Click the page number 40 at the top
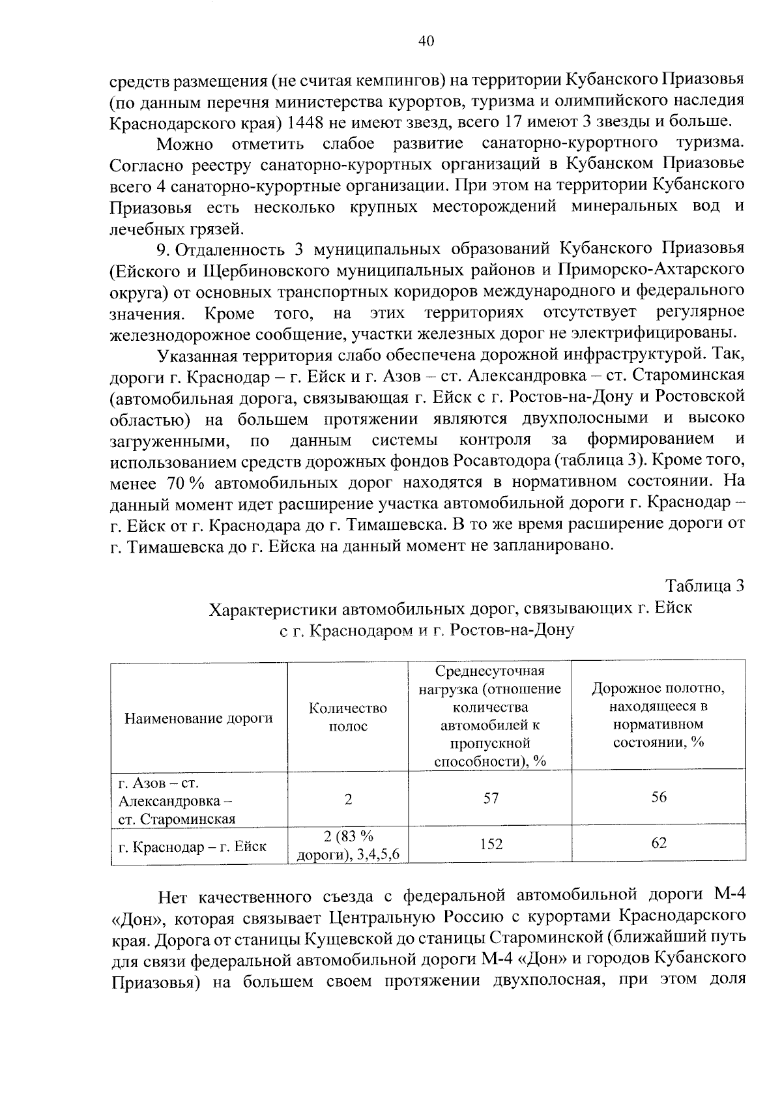425,41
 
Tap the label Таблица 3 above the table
704,585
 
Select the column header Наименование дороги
198,718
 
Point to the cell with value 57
491,798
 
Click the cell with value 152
491,844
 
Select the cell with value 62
658,843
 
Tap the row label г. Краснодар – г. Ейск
192,847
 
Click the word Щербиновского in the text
250,270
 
